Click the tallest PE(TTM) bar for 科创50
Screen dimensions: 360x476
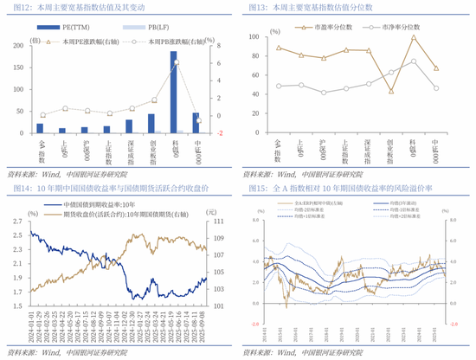(x=173, y=92)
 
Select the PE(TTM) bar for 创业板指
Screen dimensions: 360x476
(x=151, y=122)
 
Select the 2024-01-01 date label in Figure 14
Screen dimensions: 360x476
(x=31, y=327)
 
